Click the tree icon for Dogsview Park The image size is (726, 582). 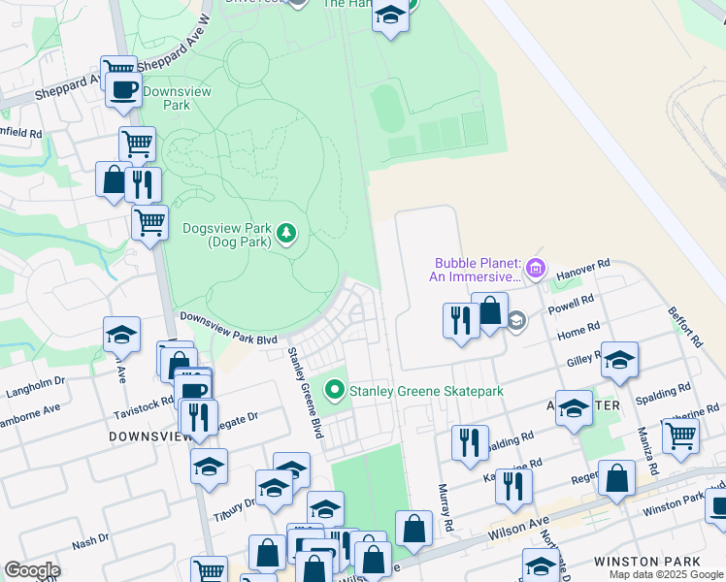click(x=286, y=233)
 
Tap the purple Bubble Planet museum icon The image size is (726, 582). click(x=536, y=267)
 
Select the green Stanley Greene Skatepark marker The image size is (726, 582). click(x=335, y=391)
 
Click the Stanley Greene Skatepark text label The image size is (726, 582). click(x=427, y=391)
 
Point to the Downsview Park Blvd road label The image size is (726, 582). click(x=228, y=328)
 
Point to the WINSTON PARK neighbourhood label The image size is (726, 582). click(x=640, y=562)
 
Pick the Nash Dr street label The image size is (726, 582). click(x=90, y=542)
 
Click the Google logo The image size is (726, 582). click(x=31, y=570)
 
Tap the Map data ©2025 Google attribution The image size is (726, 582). click(x=665, y=574)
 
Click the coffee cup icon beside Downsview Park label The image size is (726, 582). click(x=123, y=90)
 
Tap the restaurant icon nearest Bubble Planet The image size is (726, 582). click(x=460, y=319)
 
